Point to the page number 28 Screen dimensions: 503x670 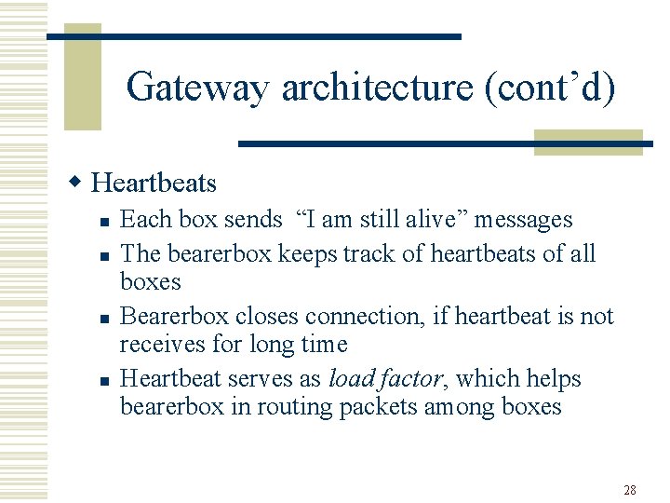click(x=629, y=490)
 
